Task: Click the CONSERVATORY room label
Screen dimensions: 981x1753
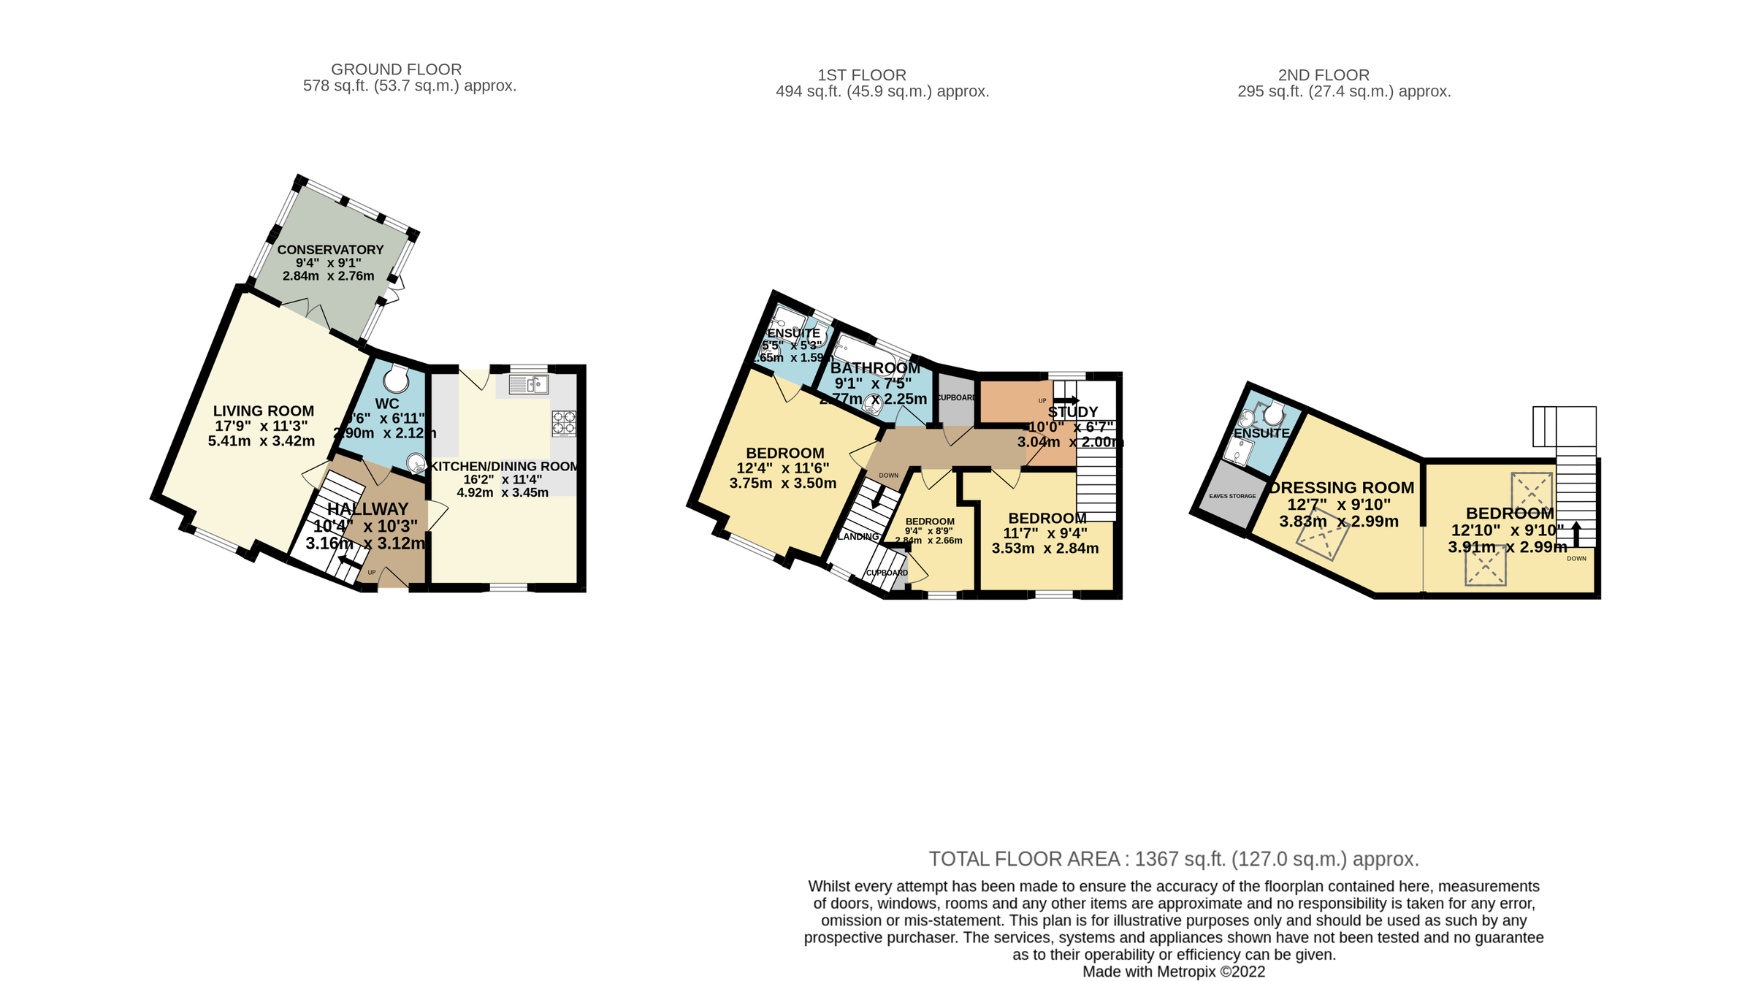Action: click(330, 250)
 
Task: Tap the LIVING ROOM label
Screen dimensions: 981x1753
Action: click(264, 411)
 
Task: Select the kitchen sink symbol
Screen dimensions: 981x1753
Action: click(529, 384)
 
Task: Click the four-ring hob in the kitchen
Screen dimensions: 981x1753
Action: click(564, 423)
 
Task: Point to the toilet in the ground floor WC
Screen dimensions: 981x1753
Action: click(397, 378)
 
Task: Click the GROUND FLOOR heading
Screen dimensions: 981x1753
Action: click(396, 69)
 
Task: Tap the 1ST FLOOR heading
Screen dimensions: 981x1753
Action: click(862, 75)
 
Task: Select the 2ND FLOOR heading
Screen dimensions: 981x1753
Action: click(1324, 75)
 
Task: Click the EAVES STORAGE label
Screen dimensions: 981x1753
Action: click(1232, 496)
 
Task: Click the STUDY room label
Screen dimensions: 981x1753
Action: click(1073, 412)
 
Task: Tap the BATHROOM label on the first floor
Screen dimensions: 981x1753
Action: click(875, 368)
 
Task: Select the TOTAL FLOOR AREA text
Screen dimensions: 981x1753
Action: click(1174, 859)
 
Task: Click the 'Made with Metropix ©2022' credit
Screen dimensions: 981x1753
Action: click(1174, 972)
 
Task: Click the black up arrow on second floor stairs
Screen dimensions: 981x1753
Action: click(1576, 533)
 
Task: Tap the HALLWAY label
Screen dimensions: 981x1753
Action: click(368, 509)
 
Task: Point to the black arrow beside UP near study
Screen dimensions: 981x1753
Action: click(1066, 400)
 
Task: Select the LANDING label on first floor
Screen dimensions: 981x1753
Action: click(858, 536)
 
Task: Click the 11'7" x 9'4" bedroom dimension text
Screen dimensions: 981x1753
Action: click(1046, 533)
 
